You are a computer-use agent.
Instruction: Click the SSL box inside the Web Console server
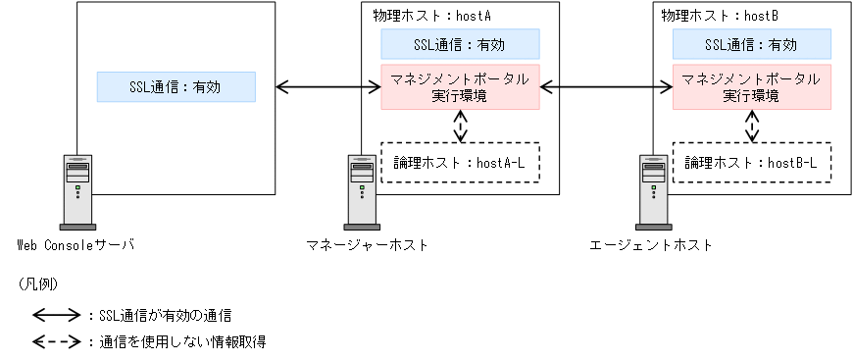click(x=176, y=86)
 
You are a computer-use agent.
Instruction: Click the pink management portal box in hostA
click(x=460, y=87)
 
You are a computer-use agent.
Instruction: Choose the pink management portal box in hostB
click(x=751, y=87)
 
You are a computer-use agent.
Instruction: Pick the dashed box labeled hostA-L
click(x=460, y=162)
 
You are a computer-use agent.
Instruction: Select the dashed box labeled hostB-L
click(x=751, y=162)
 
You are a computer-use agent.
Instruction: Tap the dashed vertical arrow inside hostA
click(x=460, y=125)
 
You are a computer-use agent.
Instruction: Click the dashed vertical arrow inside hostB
click(x=751, y=125)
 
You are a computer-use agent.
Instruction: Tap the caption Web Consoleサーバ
click(x=75, y=244)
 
